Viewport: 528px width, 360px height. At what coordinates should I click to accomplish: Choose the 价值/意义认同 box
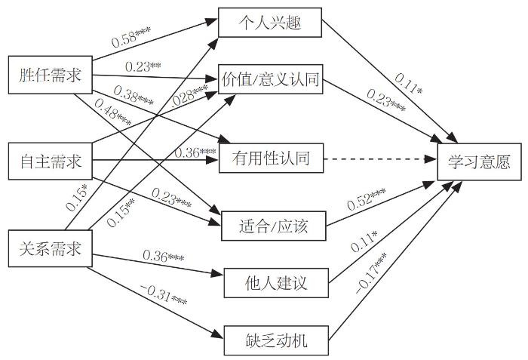click(x=270, y=79)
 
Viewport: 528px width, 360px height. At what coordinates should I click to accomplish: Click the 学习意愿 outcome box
click(x=479, y=161)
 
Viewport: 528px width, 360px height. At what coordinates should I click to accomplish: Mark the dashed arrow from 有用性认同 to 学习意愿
click(x=381, y=159)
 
